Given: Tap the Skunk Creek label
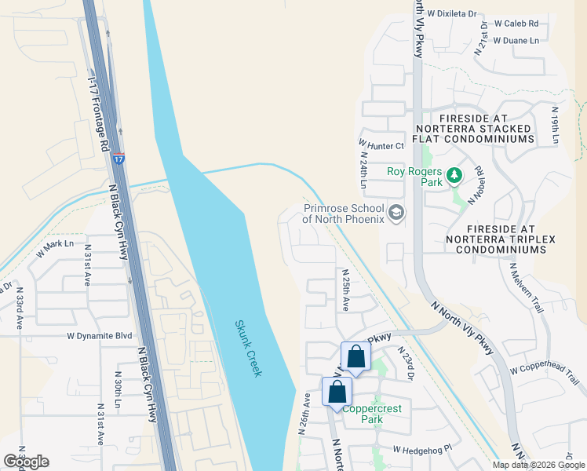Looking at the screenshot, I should click(246, 348).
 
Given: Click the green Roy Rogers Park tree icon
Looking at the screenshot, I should click(453, 176).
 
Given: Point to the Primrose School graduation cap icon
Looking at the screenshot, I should click(397, 214).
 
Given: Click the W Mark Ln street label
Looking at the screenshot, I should click(60, 249).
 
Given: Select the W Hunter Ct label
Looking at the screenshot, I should click(381, 145).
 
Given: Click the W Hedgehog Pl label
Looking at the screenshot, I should click(424, 450).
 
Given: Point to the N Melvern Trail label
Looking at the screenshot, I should click(525, 287).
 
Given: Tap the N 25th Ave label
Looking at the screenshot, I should click(345, 290).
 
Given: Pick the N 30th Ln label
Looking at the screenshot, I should click(118, 389).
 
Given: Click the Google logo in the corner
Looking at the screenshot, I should click(26, 462).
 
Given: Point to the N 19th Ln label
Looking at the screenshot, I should click(554, 125).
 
